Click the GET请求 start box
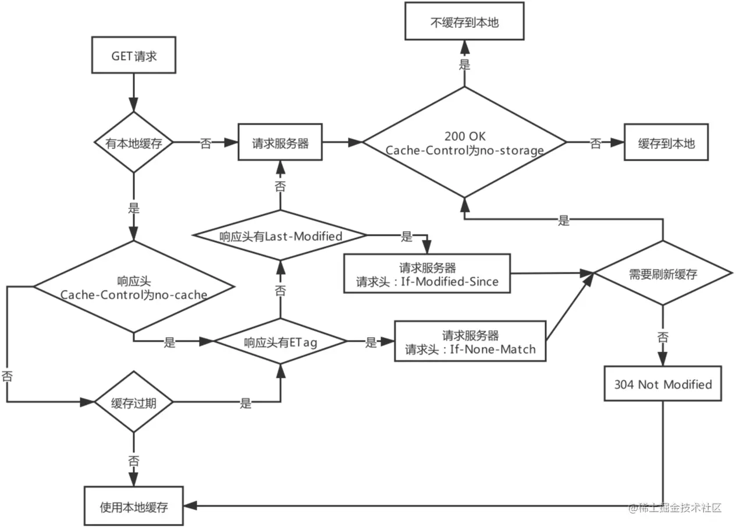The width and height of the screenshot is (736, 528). (134, 57)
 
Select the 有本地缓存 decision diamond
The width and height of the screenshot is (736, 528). (134, 143)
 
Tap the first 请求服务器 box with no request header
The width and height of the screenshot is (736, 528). (280, 143)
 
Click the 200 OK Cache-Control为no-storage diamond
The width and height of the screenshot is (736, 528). (464, 143)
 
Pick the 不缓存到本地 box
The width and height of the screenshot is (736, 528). (464, 23)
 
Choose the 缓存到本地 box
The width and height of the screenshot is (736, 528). (666, 143)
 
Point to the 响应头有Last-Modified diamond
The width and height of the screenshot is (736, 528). (280, 236)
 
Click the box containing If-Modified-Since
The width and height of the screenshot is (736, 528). (427, 274)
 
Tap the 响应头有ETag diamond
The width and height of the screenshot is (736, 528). (280, 342)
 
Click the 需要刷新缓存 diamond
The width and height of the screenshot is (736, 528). (663, 274)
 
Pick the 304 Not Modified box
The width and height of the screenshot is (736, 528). (663, 384)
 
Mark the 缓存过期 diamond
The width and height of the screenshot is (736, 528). (134, 402)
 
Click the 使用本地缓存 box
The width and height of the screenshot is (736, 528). (134, 506)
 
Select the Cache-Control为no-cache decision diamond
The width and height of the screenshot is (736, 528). (134, 287)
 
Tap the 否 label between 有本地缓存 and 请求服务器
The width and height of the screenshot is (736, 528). (205, 143)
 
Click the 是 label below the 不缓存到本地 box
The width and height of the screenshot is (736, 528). (464, 65)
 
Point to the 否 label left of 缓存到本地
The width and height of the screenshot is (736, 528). (595, 143)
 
